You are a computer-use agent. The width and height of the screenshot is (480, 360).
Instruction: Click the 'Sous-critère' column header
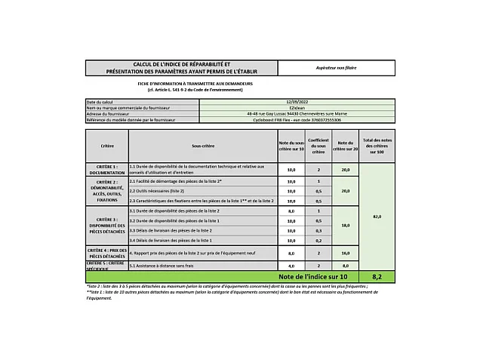click(x=202, y=145)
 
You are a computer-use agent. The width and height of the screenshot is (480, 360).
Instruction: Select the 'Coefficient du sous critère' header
click(x=318, y=145)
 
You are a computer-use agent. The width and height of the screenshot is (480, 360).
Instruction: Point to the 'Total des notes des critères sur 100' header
click(x=377, y=145)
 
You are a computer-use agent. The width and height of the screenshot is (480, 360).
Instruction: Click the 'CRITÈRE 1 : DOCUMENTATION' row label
click(x=106, y=169)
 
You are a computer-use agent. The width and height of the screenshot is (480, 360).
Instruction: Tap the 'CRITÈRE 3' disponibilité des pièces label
click(x=106, y=224)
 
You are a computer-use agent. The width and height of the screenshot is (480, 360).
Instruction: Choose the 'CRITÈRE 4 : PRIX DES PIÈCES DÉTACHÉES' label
click(x=106, y=253)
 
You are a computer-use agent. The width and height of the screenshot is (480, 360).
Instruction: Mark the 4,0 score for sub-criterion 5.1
click(x=291, y=266)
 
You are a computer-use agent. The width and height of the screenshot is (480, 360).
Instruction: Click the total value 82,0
click(x=377, y=217)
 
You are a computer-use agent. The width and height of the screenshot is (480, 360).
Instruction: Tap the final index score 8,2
click(x=377, y=277)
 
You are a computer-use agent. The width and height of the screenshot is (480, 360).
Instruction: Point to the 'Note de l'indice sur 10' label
click(x=306, y=277)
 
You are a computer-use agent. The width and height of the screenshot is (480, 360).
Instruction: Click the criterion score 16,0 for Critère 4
click(x=346, y=254)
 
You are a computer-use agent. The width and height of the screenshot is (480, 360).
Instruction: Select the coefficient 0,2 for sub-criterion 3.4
click(x=318, y=240)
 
